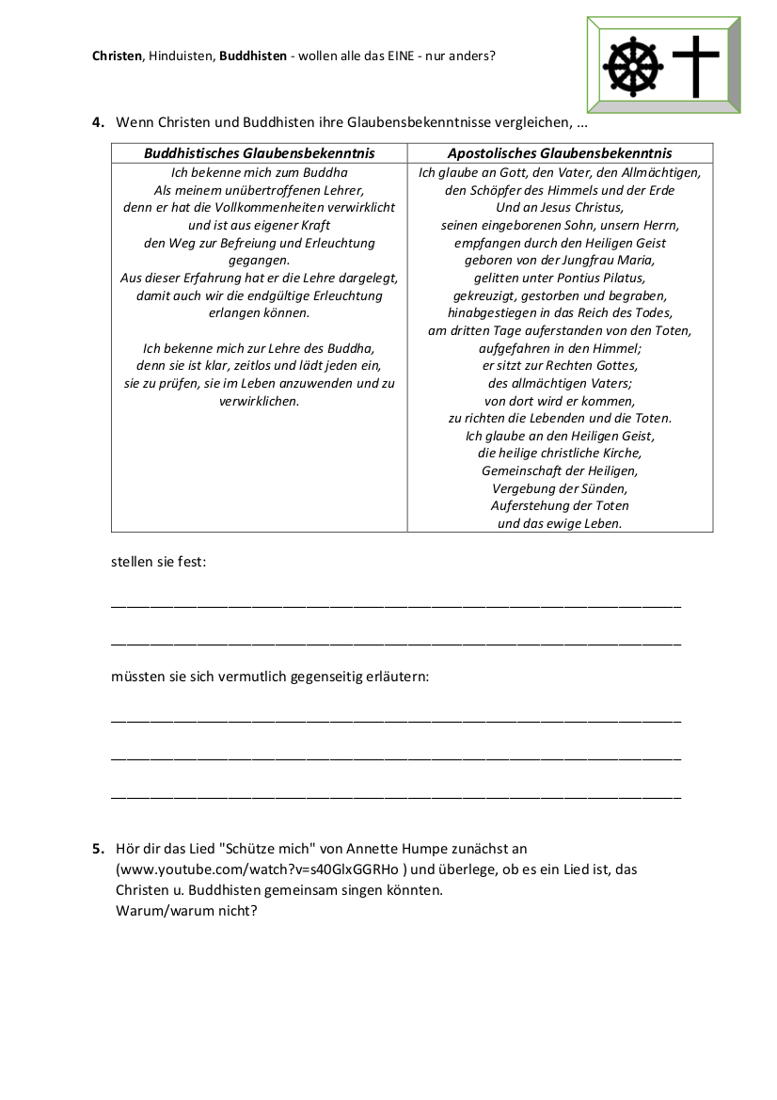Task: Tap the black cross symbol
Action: pos(696,65)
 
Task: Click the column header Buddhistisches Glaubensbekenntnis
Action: pos(259,153)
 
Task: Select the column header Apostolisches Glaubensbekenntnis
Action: pos(560,153)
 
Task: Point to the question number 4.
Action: pos(97,122)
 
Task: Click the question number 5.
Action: pos(97,849)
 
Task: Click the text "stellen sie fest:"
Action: pos(158,563)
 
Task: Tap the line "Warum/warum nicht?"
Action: pos(186,911)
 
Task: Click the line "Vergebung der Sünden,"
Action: pos(560,488)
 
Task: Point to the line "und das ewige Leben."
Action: pos(560,524)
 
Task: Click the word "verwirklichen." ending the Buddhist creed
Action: pos(259,401)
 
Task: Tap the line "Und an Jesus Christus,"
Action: pos(560,207)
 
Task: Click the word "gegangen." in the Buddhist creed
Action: pos(259,261)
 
